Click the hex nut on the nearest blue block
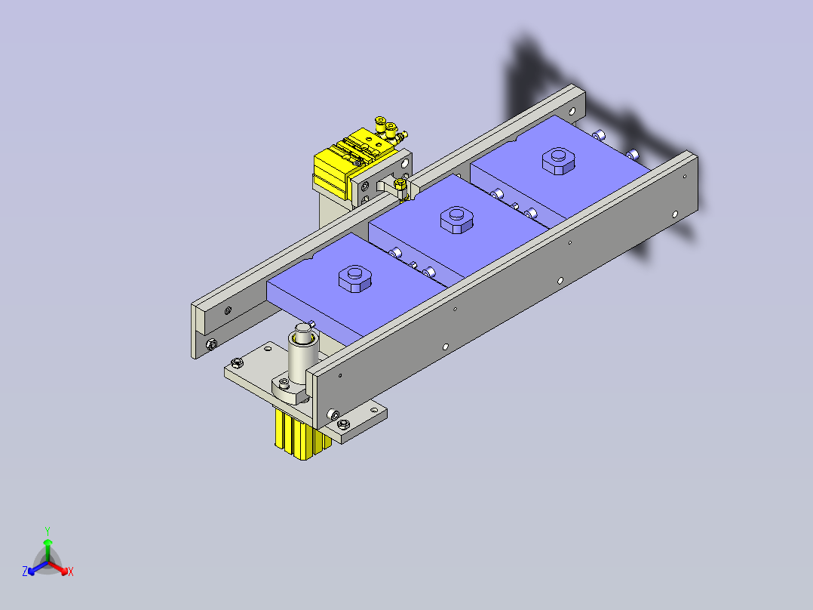click(x=353, y=279)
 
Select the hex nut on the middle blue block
click(x=456, y=220)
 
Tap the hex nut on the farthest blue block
click(x=558, y=160)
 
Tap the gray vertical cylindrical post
click(x=304, y=359)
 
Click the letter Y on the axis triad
click(x=47, y=531)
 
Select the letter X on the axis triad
click(x=71, y=572)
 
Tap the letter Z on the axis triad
click(x=25, y=572)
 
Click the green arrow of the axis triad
click(x=48, y=545)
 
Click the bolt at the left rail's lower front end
click(x=210, y=345)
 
